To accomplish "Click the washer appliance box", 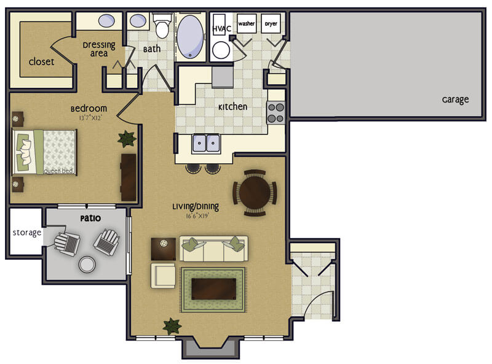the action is point(247,23).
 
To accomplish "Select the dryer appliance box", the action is point(271,23).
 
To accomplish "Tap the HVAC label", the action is point(222,29).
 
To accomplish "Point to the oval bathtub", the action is point(190,37).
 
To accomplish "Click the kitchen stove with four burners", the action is point(276,112).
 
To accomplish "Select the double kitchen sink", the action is point(206,143).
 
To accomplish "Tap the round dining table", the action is point(255,193).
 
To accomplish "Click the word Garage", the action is point(455,99).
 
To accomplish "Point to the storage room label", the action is point(27,233).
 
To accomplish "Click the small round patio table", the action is point(87,265).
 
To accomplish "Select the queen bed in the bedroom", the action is point(44,152).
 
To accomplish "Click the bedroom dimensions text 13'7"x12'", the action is point(90,118).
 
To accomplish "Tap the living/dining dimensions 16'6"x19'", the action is point(197,216).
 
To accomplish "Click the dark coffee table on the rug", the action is point(213,289).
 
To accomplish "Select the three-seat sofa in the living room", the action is point(213,249).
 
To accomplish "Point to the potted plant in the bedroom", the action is point(127,139).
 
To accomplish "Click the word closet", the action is point(41,61).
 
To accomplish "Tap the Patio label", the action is point(90,219).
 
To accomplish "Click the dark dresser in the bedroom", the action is point(129,177).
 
